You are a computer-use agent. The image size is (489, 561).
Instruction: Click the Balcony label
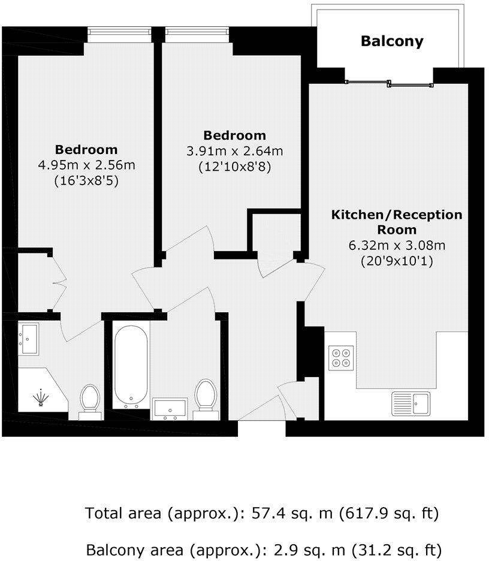pos(391,41)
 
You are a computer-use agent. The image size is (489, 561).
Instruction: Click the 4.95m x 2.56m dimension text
pos(86,164)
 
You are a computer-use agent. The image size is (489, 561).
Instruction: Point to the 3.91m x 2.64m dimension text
pos(234,152)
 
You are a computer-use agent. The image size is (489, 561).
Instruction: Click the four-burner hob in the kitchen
pos(341,357)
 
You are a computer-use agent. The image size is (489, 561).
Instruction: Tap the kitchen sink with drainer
pos(411,403)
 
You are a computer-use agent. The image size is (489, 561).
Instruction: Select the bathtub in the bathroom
pos(131,364)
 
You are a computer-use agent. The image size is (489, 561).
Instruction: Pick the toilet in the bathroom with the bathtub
pos(206,396)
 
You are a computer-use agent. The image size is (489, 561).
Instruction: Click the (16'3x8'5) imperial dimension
pos(86,179)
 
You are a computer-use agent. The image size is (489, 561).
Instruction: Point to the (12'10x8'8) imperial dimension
pos(234,167)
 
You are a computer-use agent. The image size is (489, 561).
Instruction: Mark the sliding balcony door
pos(390,83)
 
